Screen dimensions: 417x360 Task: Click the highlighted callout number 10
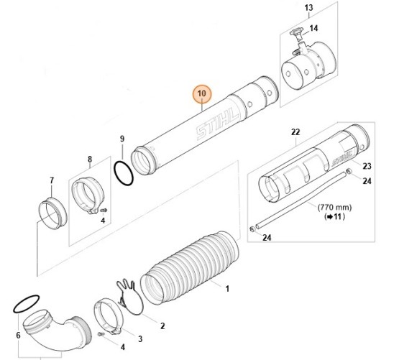[201, 93]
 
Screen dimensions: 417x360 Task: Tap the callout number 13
[308, 8]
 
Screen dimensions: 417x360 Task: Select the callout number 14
[313, 28]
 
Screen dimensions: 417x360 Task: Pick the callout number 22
[295, 132]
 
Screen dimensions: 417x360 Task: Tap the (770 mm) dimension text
[335, 207]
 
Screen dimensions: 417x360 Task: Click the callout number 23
[367, 166]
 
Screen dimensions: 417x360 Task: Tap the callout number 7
[52, 180]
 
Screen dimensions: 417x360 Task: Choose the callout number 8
[90, 160]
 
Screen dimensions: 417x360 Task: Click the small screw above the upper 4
[104, 211]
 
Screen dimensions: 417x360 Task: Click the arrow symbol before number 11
[330, 217]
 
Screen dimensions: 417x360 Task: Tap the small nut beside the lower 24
[252, 229]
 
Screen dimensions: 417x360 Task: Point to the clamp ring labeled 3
[108, 317]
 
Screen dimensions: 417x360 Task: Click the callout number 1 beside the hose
[227, 288]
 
